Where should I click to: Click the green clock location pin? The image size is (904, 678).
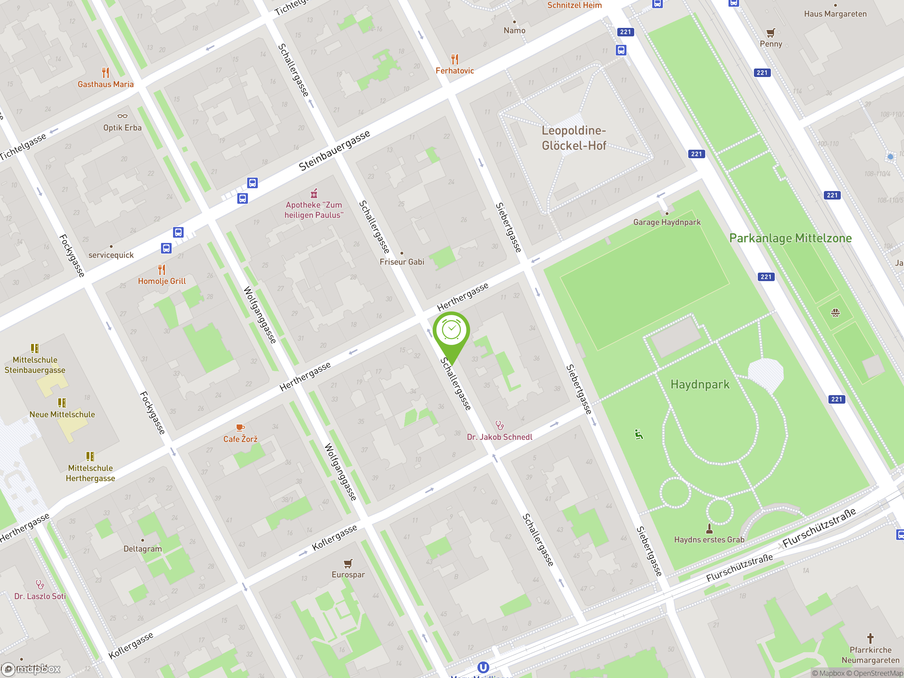[451, 331]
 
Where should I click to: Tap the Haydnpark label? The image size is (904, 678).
[700, 385]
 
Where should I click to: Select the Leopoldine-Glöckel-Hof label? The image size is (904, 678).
[574, 138]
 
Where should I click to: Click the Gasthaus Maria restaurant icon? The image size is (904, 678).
[106, 73]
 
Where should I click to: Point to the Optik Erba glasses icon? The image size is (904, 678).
[122, 117]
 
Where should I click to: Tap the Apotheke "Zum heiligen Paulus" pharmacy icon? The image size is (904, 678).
[314, 193]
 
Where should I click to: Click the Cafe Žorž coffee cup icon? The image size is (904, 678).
[240, 428]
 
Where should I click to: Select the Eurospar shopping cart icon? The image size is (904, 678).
[348, 564]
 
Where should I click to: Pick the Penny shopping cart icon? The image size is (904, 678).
[771, 33]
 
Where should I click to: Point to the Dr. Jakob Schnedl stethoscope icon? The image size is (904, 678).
[499, 426]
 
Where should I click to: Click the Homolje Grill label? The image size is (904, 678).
[162, 281]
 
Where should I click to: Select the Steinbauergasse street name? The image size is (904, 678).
[334, 151]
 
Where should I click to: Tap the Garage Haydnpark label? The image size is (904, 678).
[667, 222]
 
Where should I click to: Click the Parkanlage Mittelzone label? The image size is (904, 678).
[790, 238]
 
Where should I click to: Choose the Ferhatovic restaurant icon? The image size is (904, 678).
[454, 59]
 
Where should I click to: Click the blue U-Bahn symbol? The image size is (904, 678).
[483, 667]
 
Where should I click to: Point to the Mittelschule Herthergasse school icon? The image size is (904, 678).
[90, 456]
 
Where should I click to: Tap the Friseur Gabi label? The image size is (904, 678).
[402, 262]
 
